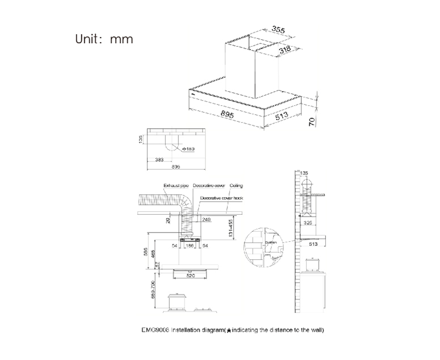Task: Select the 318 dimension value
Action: click(285, 51)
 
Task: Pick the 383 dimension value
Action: click(159, 160)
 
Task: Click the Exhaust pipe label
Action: click(176, 186)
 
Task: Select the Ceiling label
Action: click(236, 186)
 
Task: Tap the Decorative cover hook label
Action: click(221, 198)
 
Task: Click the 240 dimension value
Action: click(206, 220)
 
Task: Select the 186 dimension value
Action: click(190, 245)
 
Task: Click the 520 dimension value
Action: click(190, 276)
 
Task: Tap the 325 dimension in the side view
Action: click(308, 223)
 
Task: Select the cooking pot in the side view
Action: click(313, 266)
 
